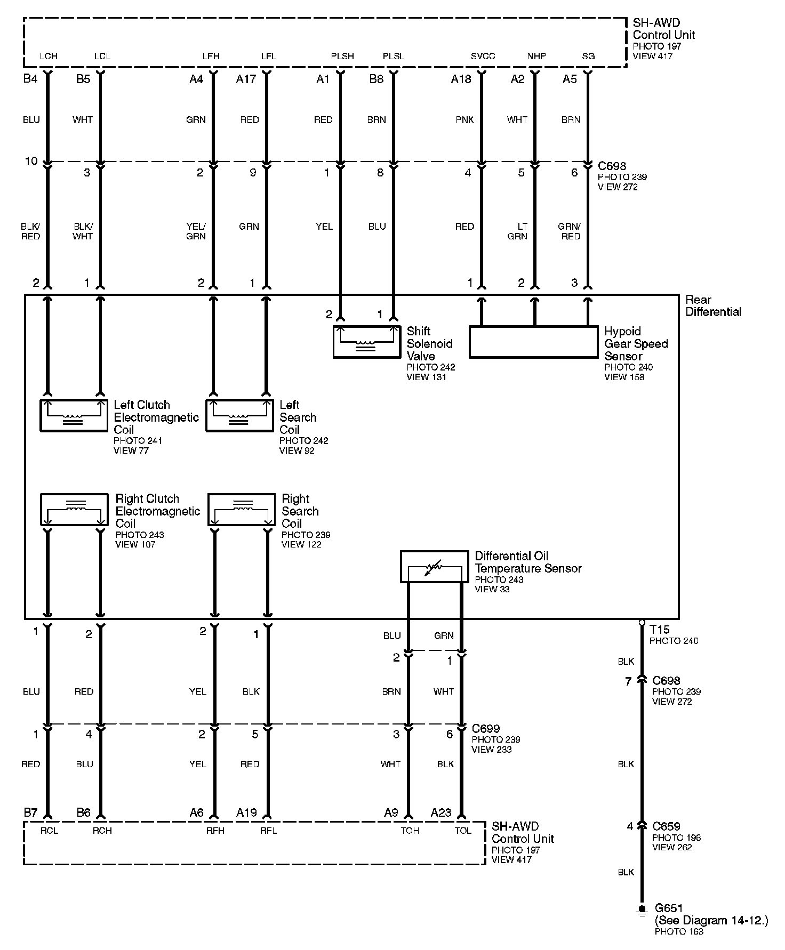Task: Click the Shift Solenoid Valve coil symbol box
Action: pyautogui.click(x=366, y=342)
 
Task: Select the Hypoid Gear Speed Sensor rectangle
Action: pyautogui.click(x=533, y=342)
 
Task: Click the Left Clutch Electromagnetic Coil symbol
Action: pyautogui.click(x=74, y=415)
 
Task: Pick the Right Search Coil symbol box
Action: pyautogui.click(x=241, y=509)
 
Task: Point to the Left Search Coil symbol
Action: pyautogui.click(x=239, y=415)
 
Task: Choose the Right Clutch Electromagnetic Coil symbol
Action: pyautogui.click(x=74, y=509)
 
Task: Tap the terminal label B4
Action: pyautogui.click(x=30, y=79)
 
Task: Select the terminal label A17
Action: pyautogui.click(x=246, y=79)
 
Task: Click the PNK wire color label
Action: pyautogui.click(x=464, y=120)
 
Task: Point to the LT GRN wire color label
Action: pyautogui.click(x=517, y=231)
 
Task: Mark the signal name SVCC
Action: pyautogui.click(x=483, y=56)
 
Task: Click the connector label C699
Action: pyautogui.click(x=485, y=729)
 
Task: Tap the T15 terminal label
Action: pyautogui.click(x=660, y=630)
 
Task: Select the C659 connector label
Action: pyautogui.click(x=666, y=826)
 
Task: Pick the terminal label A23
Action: pyautogui.click(x=441, y=813)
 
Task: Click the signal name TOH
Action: pyautogui.click(x=410, y=831)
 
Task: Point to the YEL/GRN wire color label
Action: pyautogui.click(x=196, y=231)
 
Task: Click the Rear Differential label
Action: pyautogui.click(x=713, y=306)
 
